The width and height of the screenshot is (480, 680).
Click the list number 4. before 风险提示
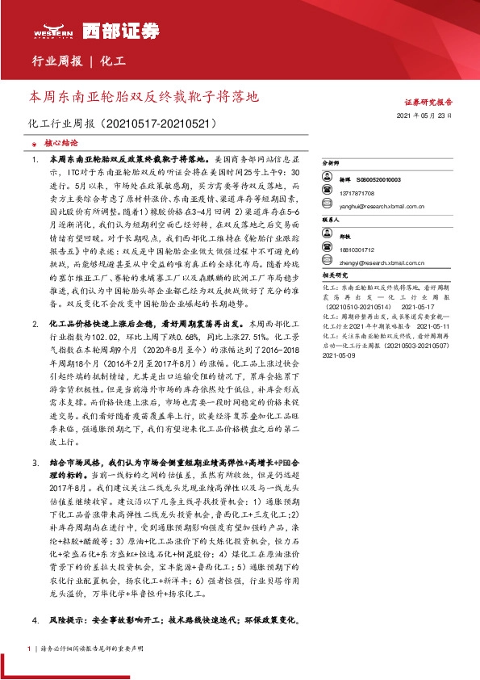(35, 621)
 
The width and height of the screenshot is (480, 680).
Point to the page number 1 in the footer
(28, 649)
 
